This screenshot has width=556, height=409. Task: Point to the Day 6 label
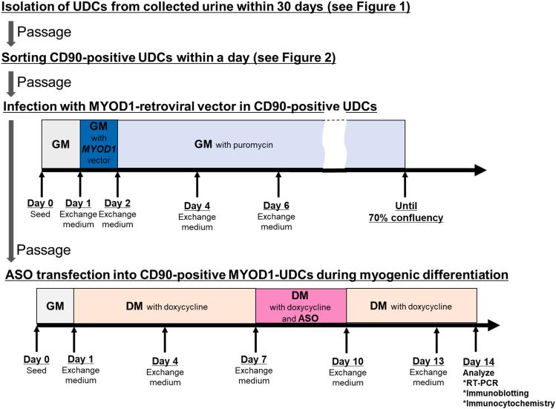pos(278,206)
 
